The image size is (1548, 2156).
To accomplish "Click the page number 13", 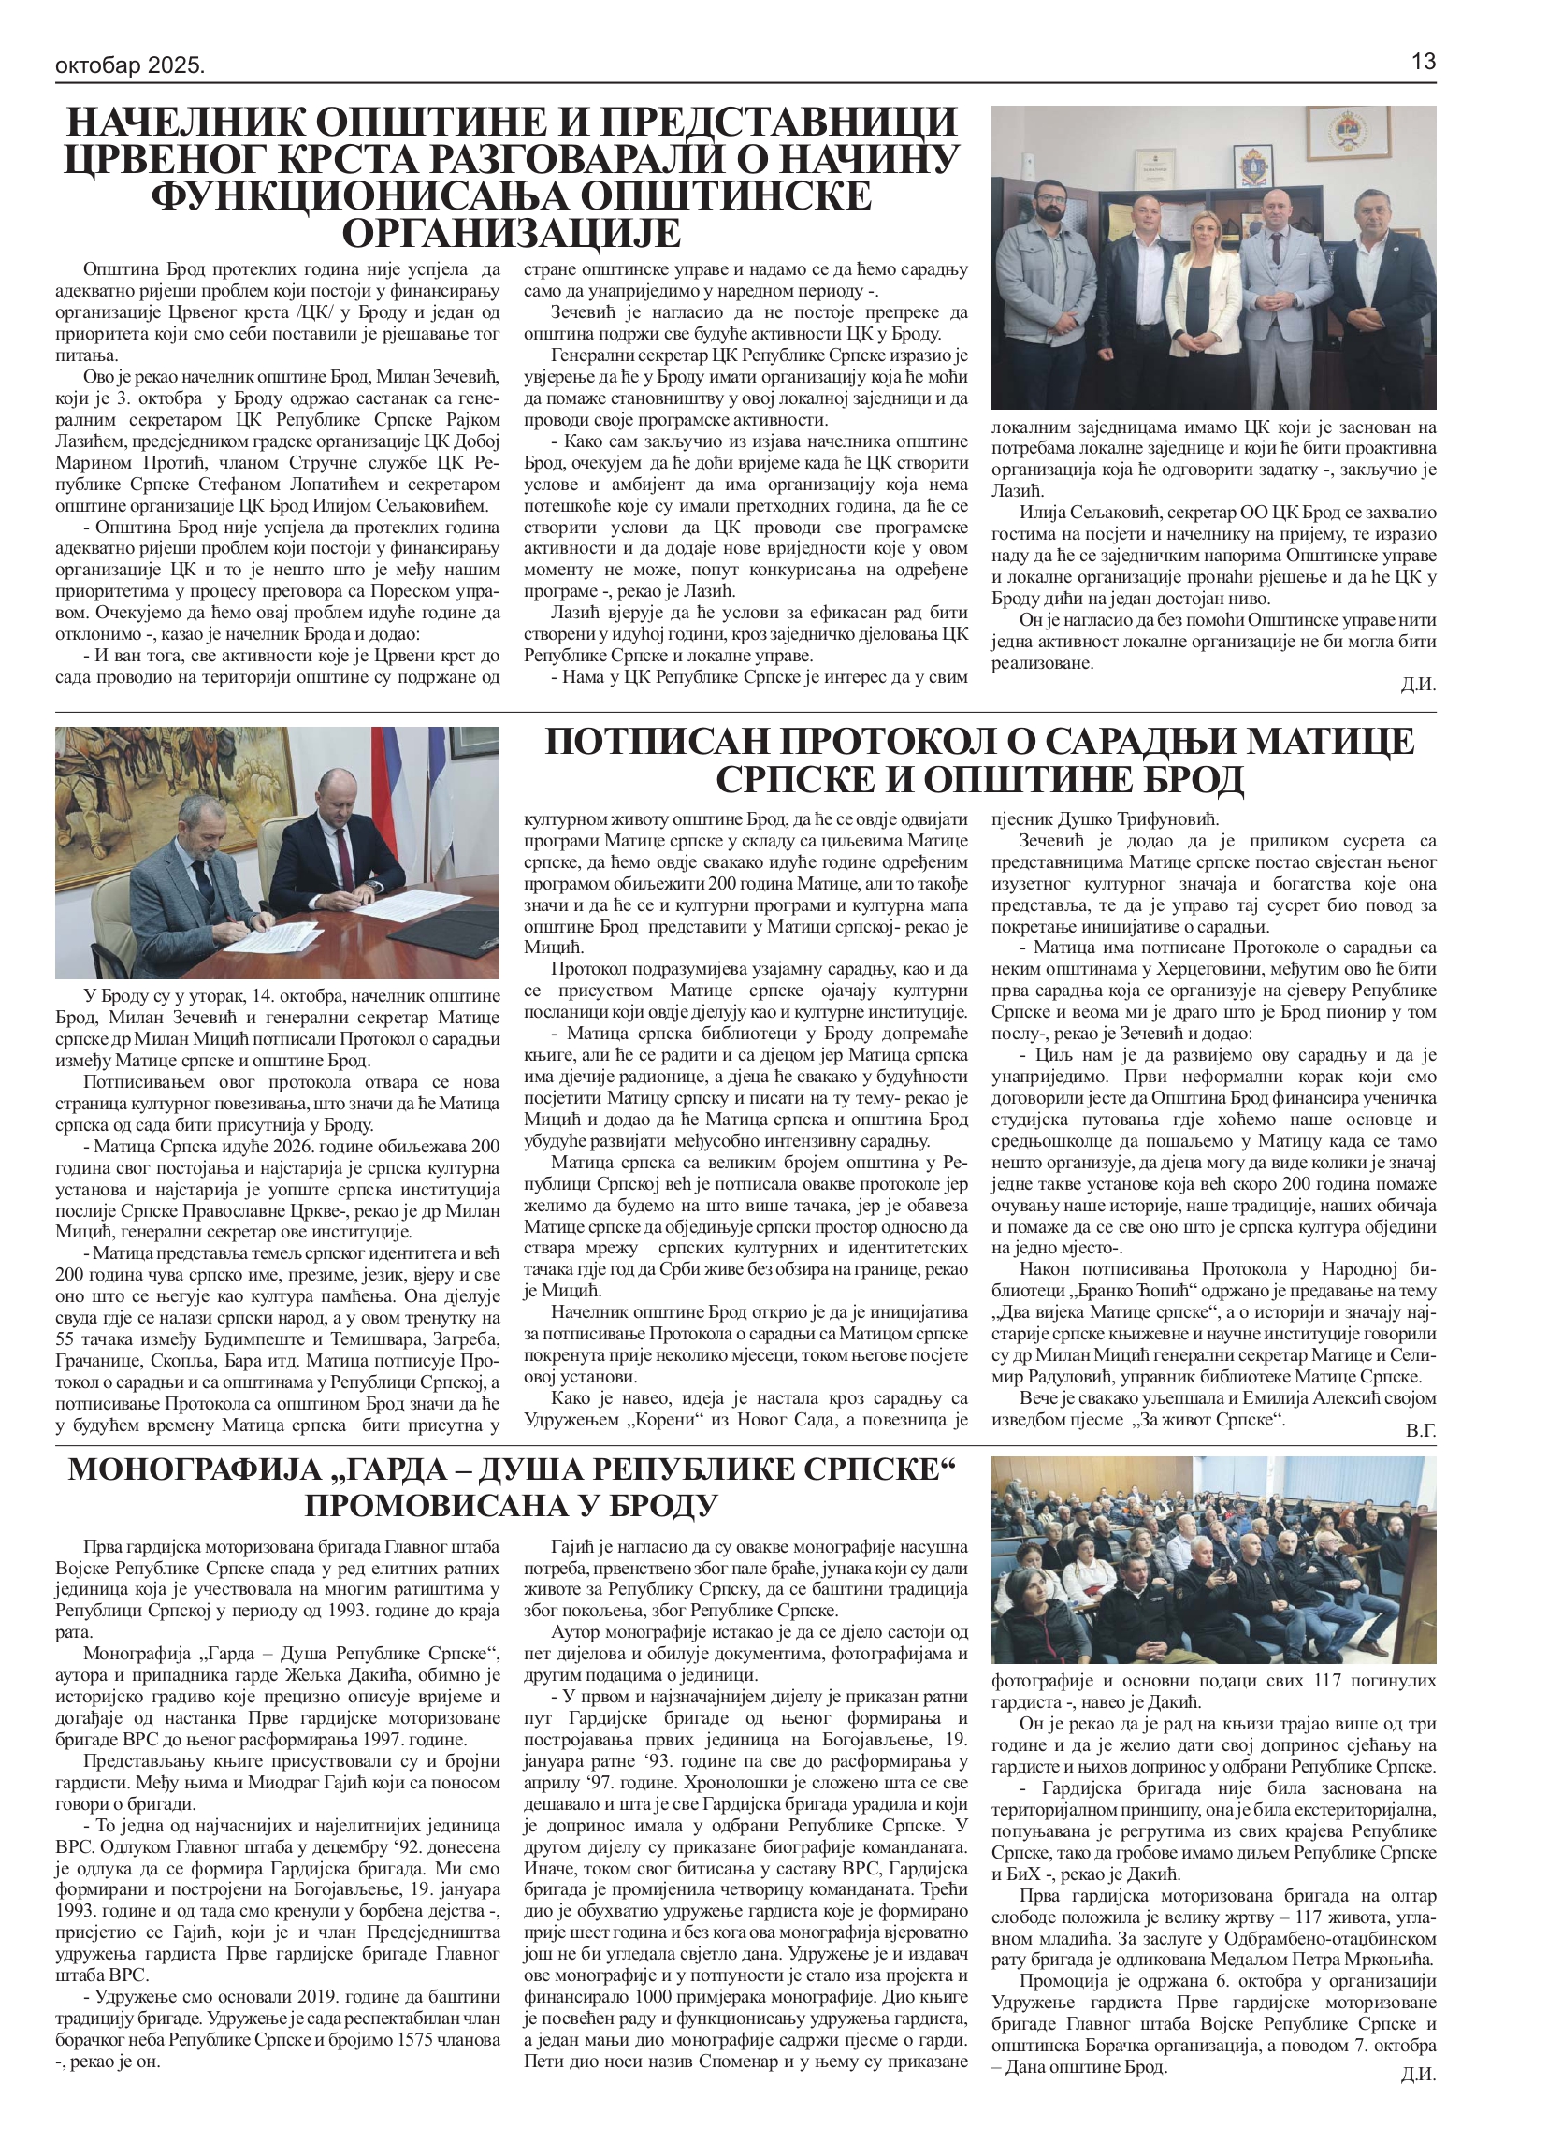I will tap(1423, 63).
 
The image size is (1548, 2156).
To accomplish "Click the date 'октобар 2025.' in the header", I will tap(130, 65).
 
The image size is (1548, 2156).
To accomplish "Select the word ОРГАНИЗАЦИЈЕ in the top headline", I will tap(511, 233).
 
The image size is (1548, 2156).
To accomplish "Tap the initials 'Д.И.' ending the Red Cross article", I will tap(1418, 685).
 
